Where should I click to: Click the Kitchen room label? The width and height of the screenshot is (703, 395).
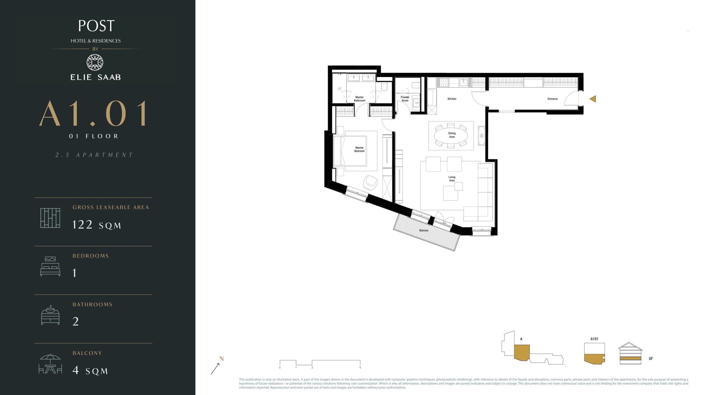tap(452, 99)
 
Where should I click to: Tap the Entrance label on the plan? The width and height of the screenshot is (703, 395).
tap(553, 99)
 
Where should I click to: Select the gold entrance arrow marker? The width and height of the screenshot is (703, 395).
tap(593, 99)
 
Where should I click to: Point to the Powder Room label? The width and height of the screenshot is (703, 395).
tap(405, 99)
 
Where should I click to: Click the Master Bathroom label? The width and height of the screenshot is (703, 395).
tap(359, 99)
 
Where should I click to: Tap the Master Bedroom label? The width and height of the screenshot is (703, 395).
tap(359, 149)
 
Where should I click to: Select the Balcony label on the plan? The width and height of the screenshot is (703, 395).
tap(424, 230)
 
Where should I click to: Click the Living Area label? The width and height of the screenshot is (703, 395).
tap(452, 179)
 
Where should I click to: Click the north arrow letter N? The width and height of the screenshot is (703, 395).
tap(222, 359)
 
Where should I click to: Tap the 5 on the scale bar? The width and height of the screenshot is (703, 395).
tap(360, 368)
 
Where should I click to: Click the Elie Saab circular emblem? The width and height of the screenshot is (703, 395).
tap(95, 63)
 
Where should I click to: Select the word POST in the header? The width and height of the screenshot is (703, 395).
tap(96, 26)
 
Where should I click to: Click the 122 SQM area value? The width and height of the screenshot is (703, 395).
tap(96, 225)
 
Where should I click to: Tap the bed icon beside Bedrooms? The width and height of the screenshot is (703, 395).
tap(50, 266)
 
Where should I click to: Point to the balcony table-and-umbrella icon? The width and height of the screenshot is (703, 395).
tap(50, 364)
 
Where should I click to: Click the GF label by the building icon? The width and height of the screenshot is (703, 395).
tap(651, 359)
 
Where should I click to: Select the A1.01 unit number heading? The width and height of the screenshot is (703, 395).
tap(93, 113)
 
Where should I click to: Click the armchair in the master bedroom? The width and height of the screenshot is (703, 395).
tap(370, 183)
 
